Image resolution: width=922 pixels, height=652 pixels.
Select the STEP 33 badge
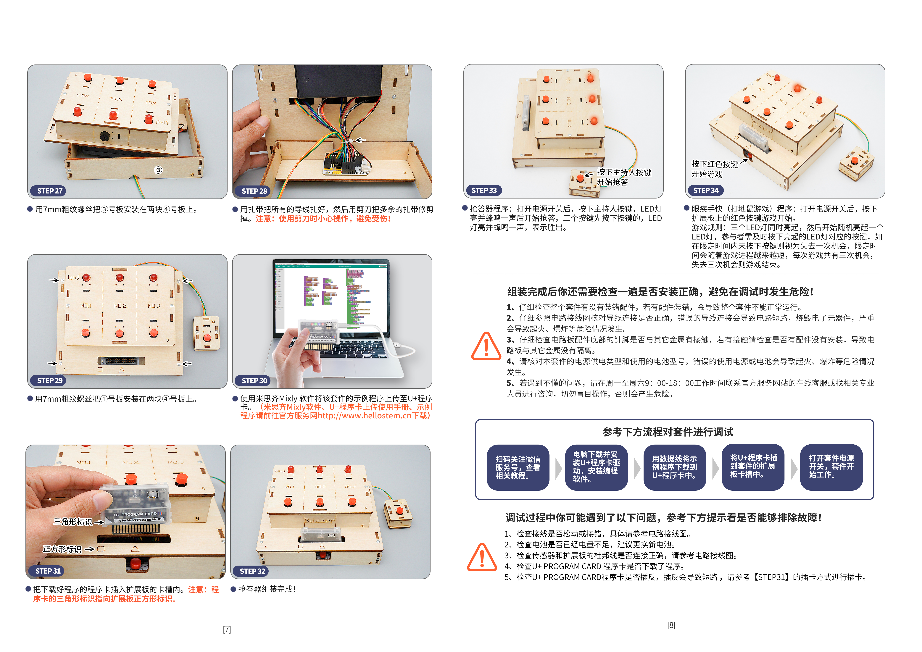484,190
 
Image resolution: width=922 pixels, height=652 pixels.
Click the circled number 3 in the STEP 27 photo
158,170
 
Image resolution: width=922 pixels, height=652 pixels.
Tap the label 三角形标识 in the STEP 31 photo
73,522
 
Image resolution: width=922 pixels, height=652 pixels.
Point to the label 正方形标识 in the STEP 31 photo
62,549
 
